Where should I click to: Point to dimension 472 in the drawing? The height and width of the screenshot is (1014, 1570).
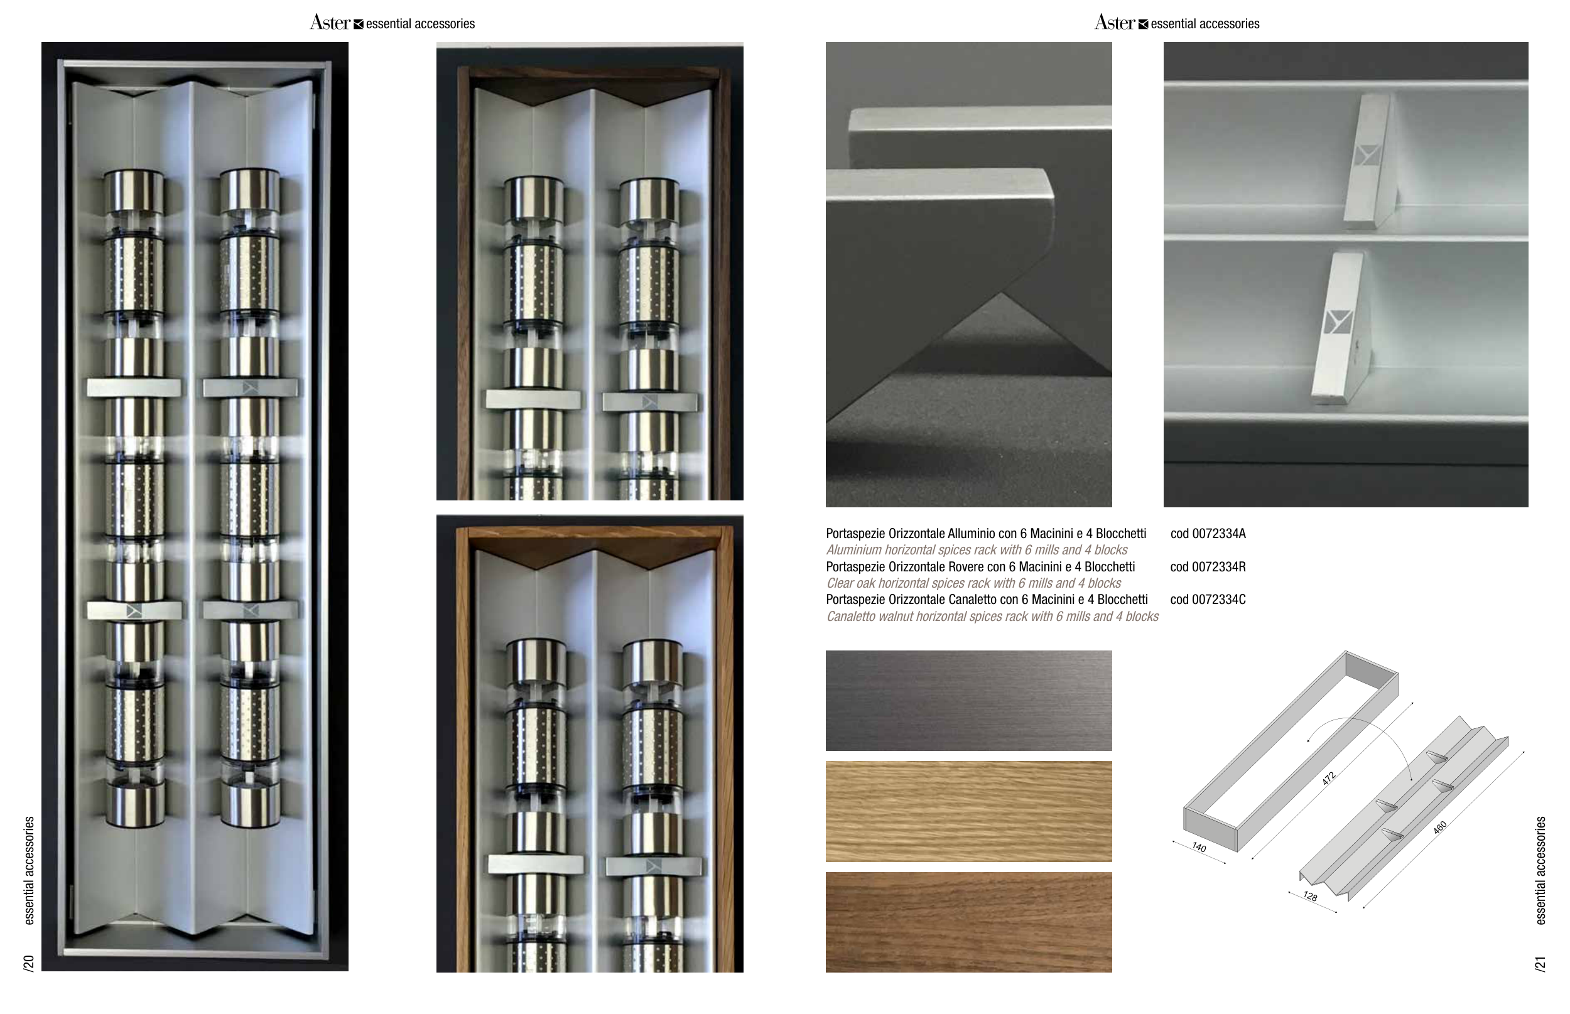(x=1328, y=779)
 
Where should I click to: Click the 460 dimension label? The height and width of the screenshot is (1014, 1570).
(x=1439, y=828)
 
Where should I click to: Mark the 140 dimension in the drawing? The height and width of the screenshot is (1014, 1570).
(x=1199, y=848)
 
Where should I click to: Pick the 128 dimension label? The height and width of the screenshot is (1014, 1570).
(x=1310, y=897)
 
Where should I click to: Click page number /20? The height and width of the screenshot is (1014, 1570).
(x=28, y=963)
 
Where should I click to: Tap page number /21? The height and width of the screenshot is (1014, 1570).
(x=1540, y=963)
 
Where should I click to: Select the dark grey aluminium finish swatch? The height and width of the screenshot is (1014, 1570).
(x=969, y=701)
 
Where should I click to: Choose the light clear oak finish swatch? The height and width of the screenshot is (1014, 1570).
(x=969, y=811)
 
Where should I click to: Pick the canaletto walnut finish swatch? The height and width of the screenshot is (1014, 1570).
(x=969, y=922)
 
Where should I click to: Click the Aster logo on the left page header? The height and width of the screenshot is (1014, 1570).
(x=330, y=23)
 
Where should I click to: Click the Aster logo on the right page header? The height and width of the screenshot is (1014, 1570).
(x=1115, y=23)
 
